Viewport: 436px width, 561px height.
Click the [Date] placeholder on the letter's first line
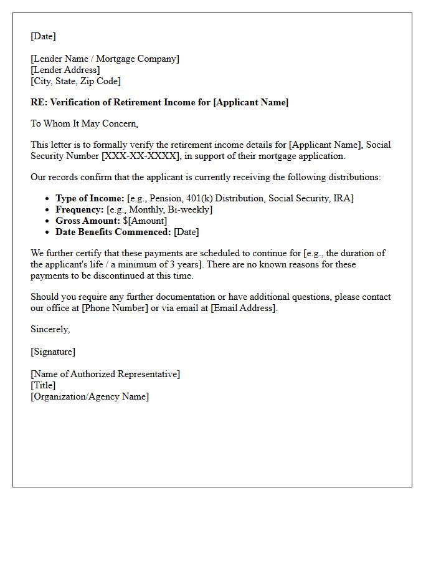point(43,36)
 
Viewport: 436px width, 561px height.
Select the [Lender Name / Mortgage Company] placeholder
point(105,59)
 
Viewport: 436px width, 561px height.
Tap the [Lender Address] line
point(65,70)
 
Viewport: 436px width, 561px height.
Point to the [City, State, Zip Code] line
point(75,81)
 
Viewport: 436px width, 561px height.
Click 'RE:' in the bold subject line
point(39,102)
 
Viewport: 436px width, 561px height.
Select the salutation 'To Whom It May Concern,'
point(84,123)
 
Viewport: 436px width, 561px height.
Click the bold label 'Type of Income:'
point(90,198)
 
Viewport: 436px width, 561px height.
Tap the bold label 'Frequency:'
point(80,209)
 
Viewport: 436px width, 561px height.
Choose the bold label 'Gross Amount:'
point(87,221)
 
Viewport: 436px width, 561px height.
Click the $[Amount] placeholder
point(145,221)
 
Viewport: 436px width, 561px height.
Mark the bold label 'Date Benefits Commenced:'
point(113,232)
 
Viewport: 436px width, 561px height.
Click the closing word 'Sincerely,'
point(50,329)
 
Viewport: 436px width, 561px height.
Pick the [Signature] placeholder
point(53,352)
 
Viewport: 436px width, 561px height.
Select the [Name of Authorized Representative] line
point(105,374)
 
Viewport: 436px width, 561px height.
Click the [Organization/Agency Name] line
point(90,396)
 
